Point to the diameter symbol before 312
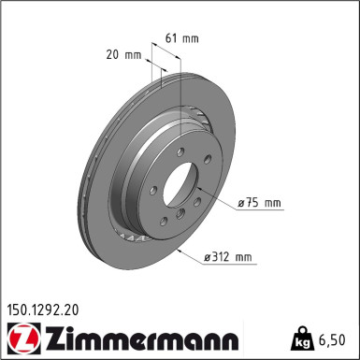208,256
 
